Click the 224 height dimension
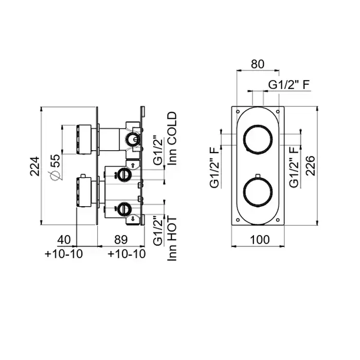point(34,166)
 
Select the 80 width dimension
point(258,64)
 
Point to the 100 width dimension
point(260,240)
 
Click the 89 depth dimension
point(121,240)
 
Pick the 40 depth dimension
point(64,240)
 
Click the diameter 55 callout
point(55,167)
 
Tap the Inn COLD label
point(172,138)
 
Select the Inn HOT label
point(172,239)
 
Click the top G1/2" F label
point(289,85)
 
